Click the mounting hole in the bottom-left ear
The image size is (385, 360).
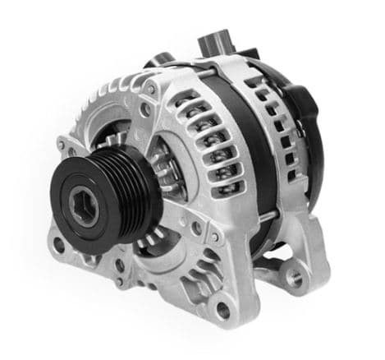point(58,244)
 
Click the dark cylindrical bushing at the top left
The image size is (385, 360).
point(160,61)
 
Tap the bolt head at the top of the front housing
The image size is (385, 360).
point(150,88)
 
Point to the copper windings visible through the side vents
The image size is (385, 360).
point(205,164)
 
